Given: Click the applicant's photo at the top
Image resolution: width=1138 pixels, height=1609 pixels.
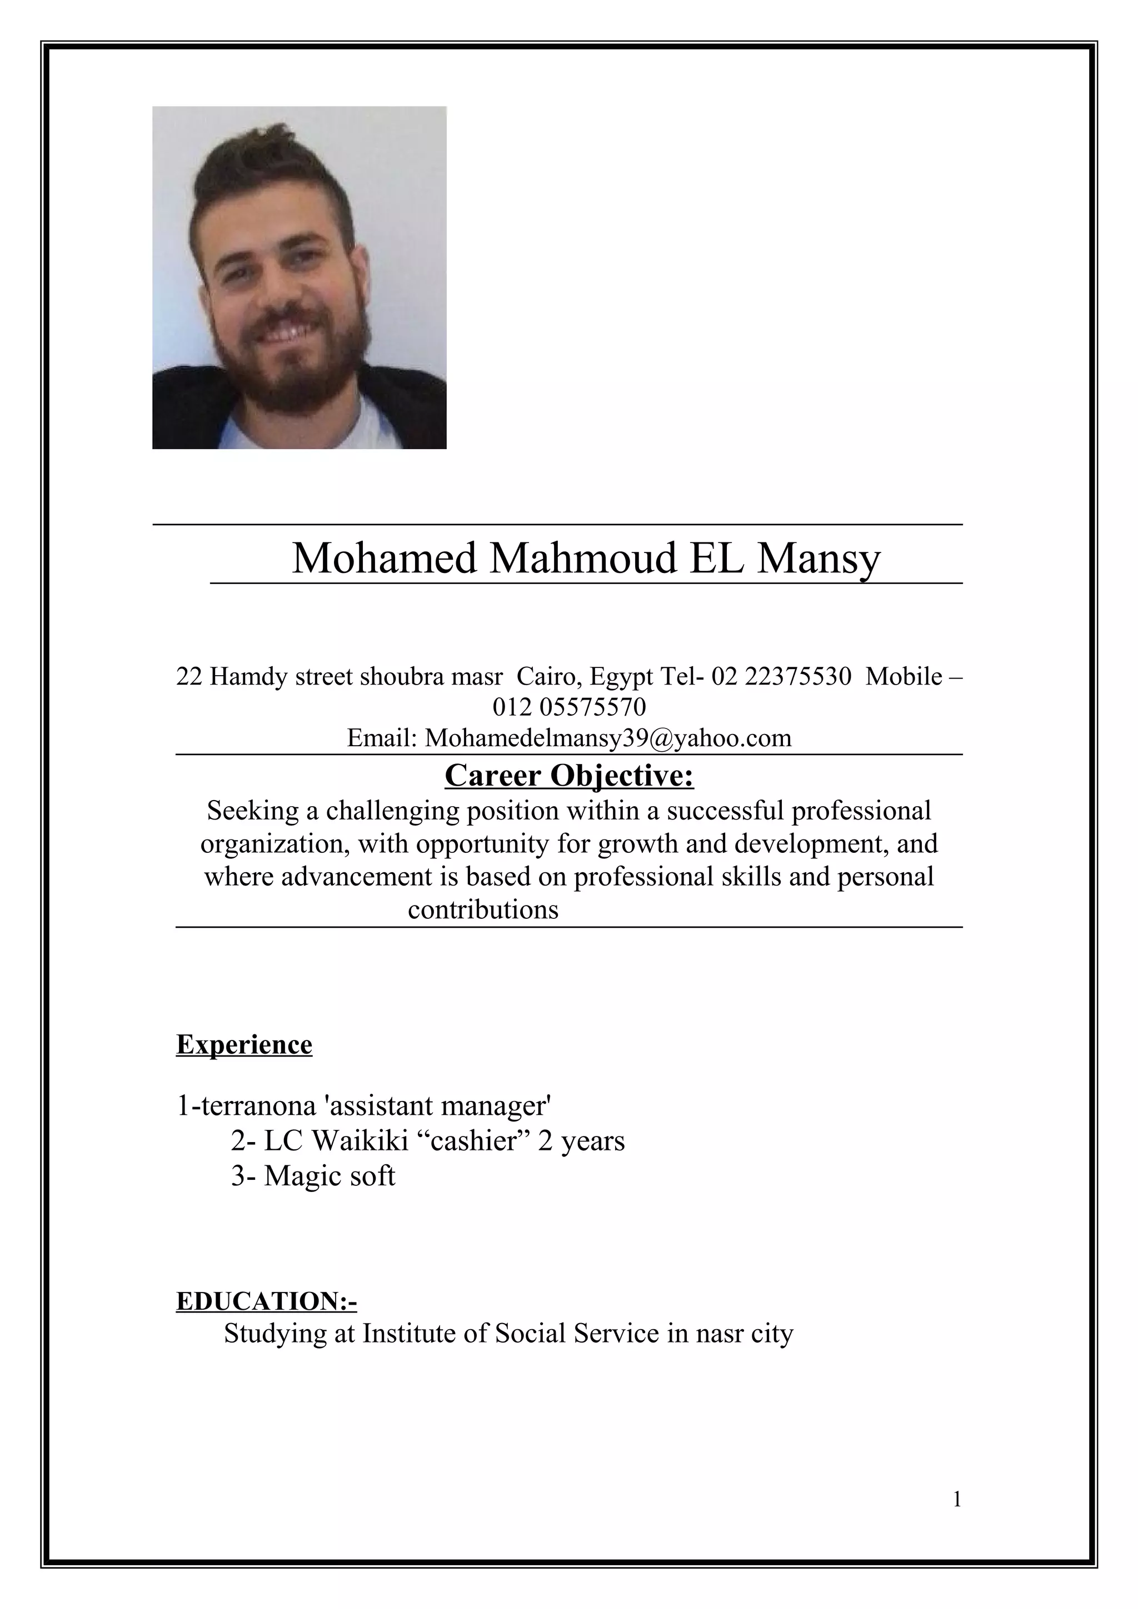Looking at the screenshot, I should [x=299, y=277].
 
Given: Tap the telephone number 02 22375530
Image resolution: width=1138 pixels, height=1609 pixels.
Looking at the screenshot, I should [x=781, y=677].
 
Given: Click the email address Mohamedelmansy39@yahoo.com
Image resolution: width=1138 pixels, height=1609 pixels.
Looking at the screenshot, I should [x=608, y=738].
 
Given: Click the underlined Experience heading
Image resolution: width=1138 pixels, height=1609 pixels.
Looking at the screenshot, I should [x=244, y=1045].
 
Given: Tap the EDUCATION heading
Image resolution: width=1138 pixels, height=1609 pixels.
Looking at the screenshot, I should [x=267, y=1301].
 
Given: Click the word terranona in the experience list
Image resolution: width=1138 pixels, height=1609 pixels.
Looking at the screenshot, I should [x=259, y=1106].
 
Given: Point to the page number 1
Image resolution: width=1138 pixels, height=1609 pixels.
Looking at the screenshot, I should [x=957, y=1500].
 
